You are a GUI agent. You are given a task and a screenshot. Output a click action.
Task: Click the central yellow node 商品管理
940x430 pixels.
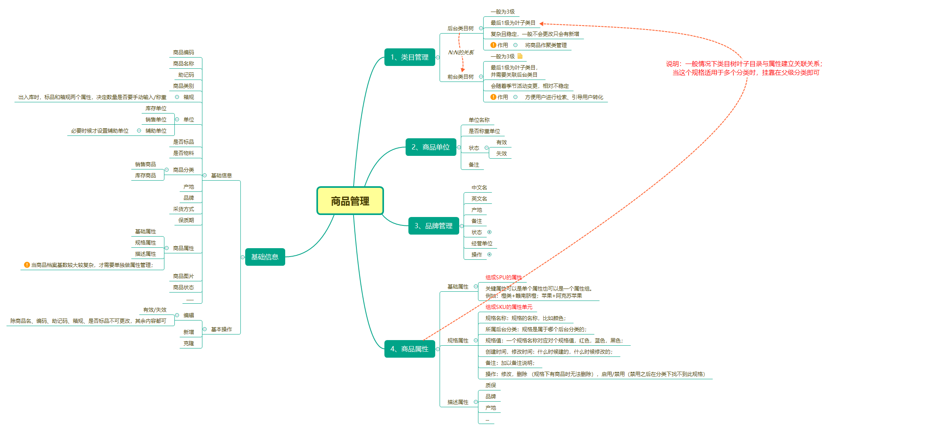(350, 201)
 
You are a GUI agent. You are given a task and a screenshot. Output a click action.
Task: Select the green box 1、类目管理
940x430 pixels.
(409, 57)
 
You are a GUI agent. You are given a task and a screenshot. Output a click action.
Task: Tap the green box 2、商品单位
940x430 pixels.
(430, 147)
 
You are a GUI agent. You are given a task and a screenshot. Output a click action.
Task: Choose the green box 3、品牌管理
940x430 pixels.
(433, 226)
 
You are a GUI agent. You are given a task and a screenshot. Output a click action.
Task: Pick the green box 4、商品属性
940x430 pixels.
(409, 349)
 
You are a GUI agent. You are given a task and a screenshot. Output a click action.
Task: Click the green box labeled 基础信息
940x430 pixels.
(265, 257)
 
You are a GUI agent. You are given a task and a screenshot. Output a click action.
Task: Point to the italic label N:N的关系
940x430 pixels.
(461, 52)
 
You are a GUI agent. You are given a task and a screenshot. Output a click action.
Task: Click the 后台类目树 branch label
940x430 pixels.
(460, 28)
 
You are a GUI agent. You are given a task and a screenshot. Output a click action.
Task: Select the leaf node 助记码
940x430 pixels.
(186, 75)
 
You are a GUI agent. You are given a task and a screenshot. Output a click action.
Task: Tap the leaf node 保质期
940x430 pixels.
(186, 220)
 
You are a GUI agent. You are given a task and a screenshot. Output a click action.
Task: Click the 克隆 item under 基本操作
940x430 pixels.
(189, 343)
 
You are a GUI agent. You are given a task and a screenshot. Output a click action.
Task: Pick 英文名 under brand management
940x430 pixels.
(479, 199)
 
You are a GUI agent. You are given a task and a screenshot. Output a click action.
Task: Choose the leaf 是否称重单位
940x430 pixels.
(484, 131)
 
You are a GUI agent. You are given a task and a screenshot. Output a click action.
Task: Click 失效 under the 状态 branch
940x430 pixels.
(502, 153)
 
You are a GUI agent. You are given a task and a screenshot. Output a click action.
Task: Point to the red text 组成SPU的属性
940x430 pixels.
(504, 277)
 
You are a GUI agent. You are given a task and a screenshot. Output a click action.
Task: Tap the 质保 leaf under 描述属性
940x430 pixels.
(491, 385)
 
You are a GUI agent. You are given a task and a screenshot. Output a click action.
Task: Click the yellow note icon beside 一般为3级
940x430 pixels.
(520, 56)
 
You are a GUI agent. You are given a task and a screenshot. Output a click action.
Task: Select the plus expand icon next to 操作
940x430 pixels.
(489, 255)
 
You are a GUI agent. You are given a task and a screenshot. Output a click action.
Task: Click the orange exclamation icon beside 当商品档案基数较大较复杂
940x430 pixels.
(27, 265)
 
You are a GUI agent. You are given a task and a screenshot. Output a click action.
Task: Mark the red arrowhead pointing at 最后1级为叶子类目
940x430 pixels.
(541, 24)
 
